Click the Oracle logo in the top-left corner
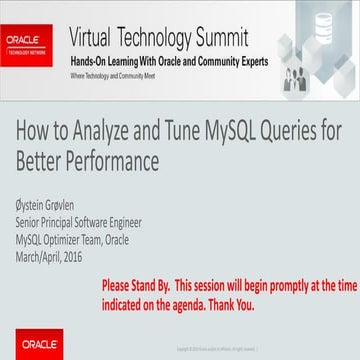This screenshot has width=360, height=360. point(27,40)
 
